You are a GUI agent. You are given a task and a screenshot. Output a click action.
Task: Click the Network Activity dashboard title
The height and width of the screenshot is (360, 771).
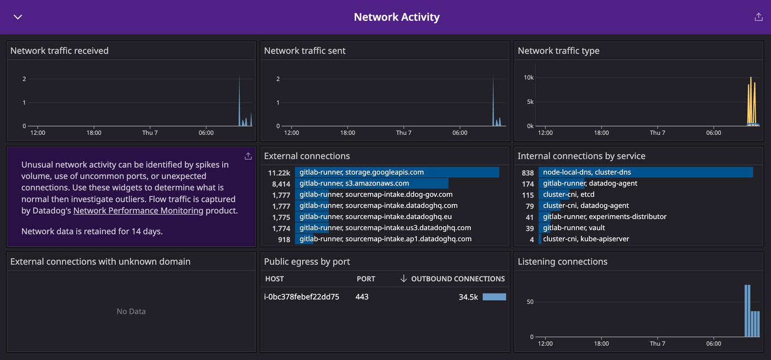point(397,17)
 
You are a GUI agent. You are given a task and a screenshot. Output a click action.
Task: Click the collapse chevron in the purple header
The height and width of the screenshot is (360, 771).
point(18,17)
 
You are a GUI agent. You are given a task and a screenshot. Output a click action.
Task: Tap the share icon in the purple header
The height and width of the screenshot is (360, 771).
point(758,17)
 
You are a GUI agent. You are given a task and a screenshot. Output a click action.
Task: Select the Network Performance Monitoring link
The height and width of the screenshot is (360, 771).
point(138,210)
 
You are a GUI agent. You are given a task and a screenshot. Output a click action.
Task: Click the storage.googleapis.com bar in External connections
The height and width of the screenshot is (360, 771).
point(397,172)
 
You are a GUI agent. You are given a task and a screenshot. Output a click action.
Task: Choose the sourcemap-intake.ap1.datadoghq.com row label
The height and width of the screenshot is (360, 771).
point(385,239)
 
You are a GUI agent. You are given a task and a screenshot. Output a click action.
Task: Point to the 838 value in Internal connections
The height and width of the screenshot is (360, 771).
point(528,172)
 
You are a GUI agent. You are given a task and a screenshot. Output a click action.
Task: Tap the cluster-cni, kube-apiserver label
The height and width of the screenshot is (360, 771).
point(586,239)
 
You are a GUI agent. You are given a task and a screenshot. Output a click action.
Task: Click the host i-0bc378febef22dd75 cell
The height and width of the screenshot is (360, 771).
point(302,297)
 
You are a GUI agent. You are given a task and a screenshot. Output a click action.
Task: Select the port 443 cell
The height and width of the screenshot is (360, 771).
point(362,297)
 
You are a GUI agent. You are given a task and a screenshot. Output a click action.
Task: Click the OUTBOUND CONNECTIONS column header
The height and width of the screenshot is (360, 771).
point(458,279)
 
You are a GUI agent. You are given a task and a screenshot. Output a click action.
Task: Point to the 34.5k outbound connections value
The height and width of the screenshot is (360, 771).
point(468,297)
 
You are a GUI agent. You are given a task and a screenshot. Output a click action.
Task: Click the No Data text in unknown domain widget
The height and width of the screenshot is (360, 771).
point(131,312)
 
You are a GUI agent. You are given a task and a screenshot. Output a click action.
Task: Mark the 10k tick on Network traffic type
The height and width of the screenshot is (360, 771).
point(529,78)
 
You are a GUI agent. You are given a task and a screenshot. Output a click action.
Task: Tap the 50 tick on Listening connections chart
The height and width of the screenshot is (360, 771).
point(530,302)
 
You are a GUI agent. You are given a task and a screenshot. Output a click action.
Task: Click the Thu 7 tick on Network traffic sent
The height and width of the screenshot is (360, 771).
point(404,133)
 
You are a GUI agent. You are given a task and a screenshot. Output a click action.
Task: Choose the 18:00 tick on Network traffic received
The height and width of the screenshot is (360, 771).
point(94,133)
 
